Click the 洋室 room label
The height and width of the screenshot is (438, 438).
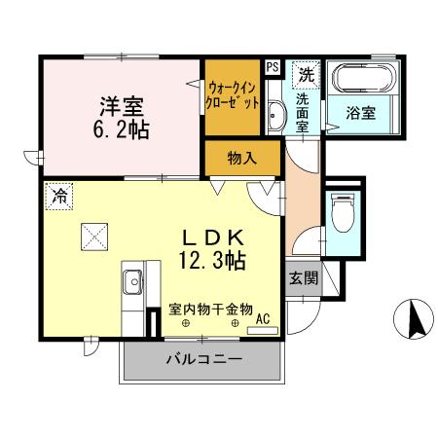click(120, 104)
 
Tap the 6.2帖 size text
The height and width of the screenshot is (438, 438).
click(121, 128)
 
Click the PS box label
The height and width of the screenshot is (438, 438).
click(272, 66)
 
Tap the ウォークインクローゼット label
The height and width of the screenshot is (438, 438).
click(233, 97)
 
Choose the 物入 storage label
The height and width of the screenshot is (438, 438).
click(242, 158)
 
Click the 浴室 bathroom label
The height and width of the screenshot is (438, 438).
click(361, 113)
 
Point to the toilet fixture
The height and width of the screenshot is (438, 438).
click(342, 211)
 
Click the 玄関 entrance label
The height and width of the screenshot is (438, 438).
click(302, 277)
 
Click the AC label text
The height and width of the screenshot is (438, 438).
click(263, 317)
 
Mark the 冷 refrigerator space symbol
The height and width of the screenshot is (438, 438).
click(57, 195)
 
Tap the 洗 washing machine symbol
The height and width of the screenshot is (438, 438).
click(307, 73)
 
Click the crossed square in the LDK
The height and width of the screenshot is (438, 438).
click(93, 235)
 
